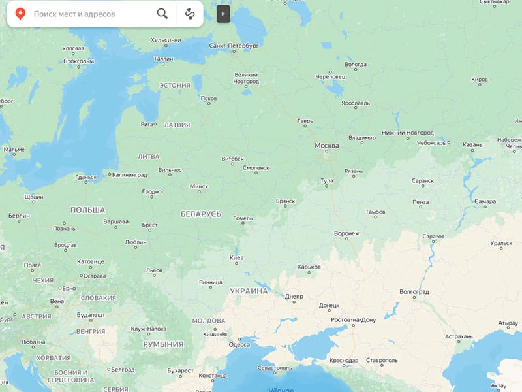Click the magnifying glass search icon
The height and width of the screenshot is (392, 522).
(162, 13)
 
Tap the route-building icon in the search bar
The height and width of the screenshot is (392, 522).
(190, 13)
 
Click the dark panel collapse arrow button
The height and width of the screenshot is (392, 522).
(223, 13)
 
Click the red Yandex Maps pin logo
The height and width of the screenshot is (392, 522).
(20, 13)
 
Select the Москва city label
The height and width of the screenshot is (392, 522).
(326, 145)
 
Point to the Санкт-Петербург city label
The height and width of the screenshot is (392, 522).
(234, 46)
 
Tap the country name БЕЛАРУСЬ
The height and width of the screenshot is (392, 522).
(200, 214)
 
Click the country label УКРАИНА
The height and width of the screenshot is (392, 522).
(249, 290)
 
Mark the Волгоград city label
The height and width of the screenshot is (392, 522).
(413, 291)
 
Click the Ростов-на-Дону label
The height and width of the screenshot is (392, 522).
(354, 319)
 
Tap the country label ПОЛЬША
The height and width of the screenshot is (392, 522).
(87, 210)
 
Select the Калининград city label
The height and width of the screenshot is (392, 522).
(129, 175)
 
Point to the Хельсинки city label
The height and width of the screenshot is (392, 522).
(166, 40)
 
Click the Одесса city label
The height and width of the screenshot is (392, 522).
(238, 345)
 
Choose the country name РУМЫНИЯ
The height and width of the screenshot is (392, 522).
(163, 344)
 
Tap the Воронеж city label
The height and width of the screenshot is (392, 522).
(346, 233)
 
